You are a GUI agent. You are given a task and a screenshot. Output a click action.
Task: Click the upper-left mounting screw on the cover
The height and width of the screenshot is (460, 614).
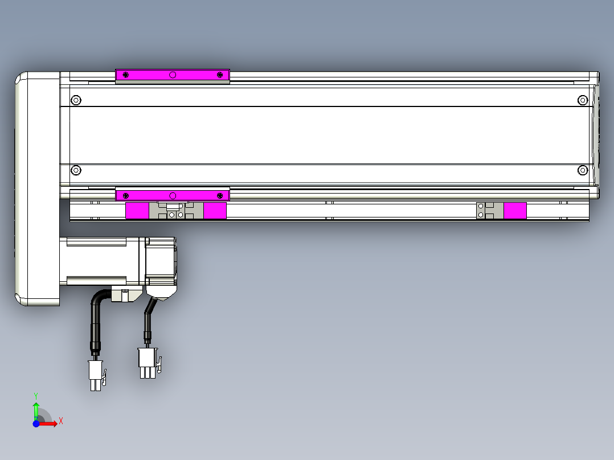click(x=76, y=101)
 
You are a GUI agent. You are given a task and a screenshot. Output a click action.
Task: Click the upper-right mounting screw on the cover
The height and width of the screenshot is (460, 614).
click(x=582, y=101)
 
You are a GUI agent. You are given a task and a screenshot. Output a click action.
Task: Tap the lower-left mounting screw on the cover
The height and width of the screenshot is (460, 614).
click(x=76, y=170)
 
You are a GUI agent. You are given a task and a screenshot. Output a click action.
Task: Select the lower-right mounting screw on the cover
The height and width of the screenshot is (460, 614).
click(x=582, y=170)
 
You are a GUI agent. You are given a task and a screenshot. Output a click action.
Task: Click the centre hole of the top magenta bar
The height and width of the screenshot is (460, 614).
click(x=173, y=75)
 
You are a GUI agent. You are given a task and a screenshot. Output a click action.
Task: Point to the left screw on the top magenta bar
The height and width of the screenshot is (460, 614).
click(x=126, y=75)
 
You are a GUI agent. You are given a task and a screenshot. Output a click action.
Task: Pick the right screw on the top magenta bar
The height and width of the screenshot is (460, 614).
click(x=220, y=75)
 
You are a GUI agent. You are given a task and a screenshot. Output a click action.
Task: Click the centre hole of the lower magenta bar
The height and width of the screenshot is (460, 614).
click(x=173, y=196)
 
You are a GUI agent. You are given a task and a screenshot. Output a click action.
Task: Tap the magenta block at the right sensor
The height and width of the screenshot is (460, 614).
click(x=515, y=211)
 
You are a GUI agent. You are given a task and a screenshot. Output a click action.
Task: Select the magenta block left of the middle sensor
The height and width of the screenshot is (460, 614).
click(x=137, y=211)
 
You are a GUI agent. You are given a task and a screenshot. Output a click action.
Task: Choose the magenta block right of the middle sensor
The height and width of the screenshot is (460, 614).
click(x=215, y=211)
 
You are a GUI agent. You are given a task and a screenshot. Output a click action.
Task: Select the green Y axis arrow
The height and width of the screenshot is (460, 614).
click(x=35, y=406)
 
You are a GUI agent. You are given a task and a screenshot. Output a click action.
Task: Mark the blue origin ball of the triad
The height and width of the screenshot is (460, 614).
click(x=36, y=424)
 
